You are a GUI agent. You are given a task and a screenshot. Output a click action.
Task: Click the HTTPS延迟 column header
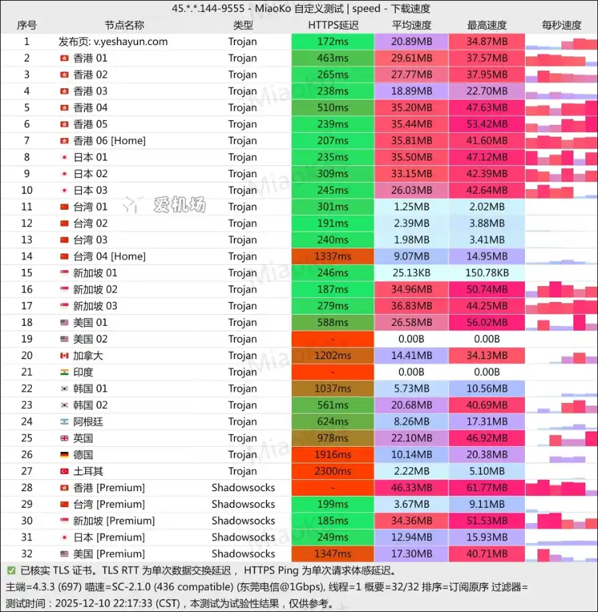point(333,25)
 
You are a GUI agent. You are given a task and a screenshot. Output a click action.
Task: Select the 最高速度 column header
point(487,25)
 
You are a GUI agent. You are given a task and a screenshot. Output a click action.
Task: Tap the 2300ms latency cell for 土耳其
point(333,471)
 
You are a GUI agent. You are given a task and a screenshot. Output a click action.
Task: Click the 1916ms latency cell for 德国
point(333,455)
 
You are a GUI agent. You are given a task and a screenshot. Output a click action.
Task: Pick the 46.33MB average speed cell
point(411,488)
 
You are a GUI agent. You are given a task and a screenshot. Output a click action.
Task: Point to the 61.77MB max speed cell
point(487,488)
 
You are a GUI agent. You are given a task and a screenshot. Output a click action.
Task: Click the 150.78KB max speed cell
point(487,273)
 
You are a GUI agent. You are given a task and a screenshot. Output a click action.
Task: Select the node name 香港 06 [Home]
point(109,141)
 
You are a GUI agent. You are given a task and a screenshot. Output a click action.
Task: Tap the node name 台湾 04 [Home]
point(109,256)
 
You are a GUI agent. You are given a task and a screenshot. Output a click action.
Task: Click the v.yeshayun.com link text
point(130,41)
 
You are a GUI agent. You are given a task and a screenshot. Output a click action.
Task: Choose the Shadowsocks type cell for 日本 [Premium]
point(243,537)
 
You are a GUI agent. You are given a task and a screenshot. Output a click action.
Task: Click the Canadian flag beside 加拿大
point(64,356)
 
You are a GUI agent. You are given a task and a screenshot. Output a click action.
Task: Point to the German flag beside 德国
point(64,455)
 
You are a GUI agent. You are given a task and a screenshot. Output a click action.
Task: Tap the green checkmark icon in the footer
point(11,570)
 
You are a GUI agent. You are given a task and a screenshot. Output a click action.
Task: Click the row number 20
point(27,356)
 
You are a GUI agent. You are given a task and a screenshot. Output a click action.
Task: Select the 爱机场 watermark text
point(179,205)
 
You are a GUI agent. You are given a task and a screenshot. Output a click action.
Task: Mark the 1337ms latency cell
point(333,256)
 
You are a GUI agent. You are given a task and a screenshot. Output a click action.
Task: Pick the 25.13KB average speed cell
point(411,273)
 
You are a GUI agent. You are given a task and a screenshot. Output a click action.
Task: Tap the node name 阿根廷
point(88,421)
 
